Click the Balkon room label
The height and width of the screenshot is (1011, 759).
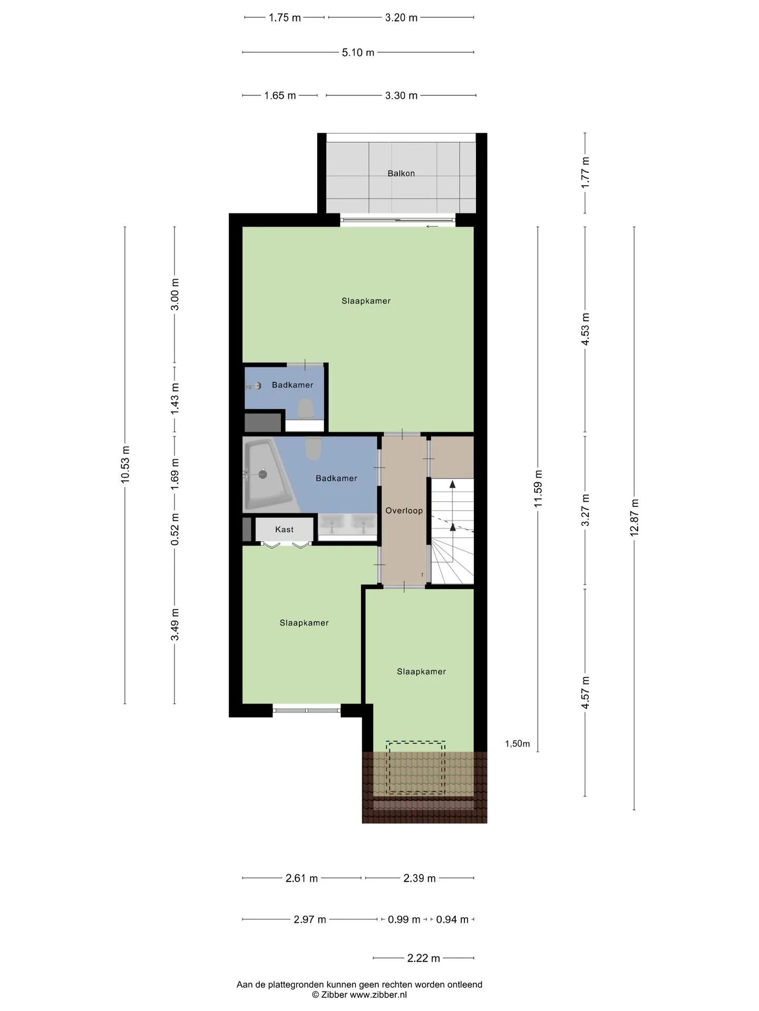tap(401, 173)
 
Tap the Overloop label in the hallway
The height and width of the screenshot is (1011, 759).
tap(404, 510)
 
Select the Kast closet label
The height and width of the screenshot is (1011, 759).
tap(284, 529)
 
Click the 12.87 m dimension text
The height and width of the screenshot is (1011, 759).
tap(634, 518)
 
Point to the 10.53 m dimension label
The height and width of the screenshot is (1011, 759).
tap(125, 464)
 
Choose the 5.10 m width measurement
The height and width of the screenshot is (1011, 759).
tap(358, 53)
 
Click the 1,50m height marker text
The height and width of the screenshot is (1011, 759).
tap(518, 744)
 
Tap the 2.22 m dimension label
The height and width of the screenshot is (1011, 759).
tap(423, 958)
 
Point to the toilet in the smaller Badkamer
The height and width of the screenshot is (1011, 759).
tap(305, 409)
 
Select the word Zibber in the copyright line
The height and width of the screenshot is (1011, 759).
tap(335, 994)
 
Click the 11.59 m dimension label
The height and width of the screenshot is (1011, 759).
tap(538, 488)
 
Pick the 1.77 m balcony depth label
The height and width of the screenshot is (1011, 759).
tap(585, 173)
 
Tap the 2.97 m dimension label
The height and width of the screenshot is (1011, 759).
tap(310, 919)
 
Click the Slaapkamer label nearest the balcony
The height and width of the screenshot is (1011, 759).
tap(366, 301)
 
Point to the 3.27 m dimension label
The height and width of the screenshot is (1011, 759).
tap(585, 510)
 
